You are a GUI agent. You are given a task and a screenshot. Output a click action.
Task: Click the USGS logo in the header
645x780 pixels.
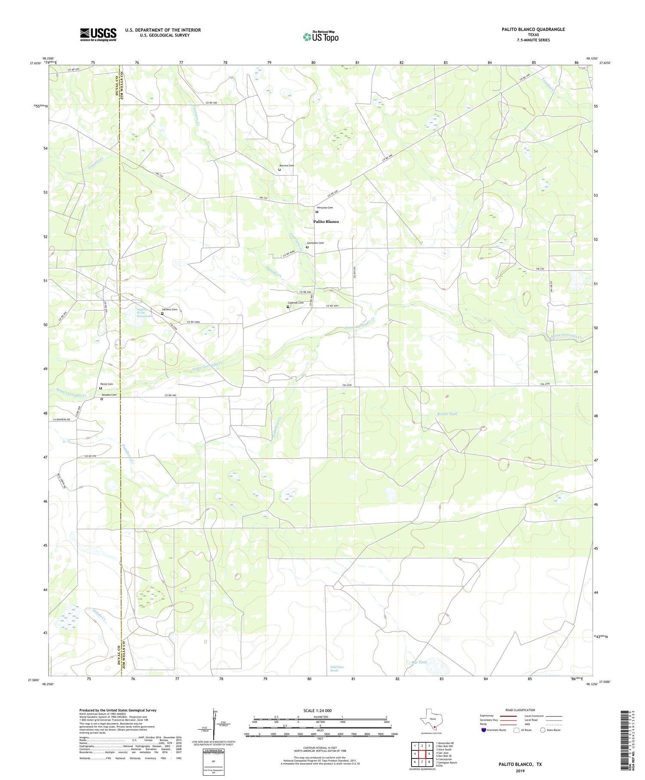(98, 34)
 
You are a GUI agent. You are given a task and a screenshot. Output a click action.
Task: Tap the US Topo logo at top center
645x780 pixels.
(320, 37)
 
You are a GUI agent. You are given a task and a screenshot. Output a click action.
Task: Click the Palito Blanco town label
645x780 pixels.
(326, 222)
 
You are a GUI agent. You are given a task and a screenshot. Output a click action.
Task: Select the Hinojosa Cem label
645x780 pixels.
(325, 208)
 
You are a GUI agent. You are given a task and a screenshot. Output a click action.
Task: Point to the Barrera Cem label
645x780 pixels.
(287, 166)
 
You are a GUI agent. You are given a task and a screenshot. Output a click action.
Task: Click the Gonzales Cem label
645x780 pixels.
(315, 243)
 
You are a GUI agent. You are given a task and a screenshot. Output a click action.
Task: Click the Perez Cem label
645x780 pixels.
(107, 384)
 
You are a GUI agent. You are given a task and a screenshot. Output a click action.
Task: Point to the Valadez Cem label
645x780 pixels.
(109, 395)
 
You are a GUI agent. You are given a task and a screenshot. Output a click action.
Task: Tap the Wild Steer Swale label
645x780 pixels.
(337, 669)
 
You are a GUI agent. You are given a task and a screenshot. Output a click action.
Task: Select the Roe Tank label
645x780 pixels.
(419, 663)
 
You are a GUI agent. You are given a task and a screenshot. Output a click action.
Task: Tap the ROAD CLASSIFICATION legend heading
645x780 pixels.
(520, 710)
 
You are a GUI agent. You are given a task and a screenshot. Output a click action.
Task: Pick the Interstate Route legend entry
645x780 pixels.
(494, 730)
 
